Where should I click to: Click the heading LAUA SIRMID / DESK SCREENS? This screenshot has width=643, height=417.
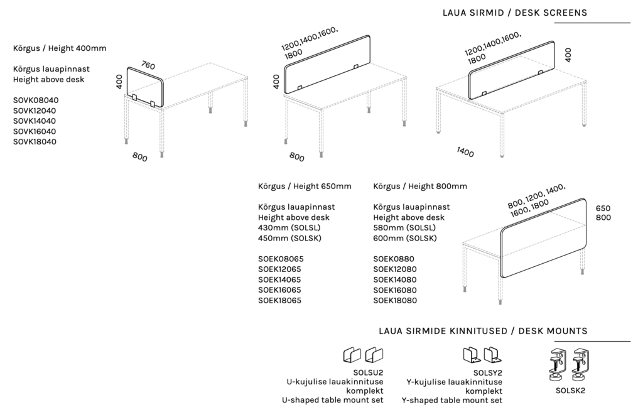click(514, 12)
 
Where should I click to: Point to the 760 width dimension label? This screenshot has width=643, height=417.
click(148, 65)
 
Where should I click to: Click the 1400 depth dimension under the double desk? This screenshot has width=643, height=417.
click(465, 153)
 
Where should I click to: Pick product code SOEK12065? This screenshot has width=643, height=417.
click(280, 269)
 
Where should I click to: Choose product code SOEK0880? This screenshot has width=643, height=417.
click(393, 259)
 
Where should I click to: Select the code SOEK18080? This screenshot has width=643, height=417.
click(396, 301)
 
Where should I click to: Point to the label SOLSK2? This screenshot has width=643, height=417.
click(570, 390)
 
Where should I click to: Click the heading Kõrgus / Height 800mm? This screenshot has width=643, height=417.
click(420, 186)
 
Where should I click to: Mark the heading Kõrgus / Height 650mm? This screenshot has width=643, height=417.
click(305, 186)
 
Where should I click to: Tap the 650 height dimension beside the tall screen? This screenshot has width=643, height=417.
click(603, 208)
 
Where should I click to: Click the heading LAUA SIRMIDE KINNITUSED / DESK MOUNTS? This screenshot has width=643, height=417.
click(483, 331)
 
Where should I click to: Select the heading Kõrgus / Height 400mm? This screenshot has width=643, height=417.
click(60, 48)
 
